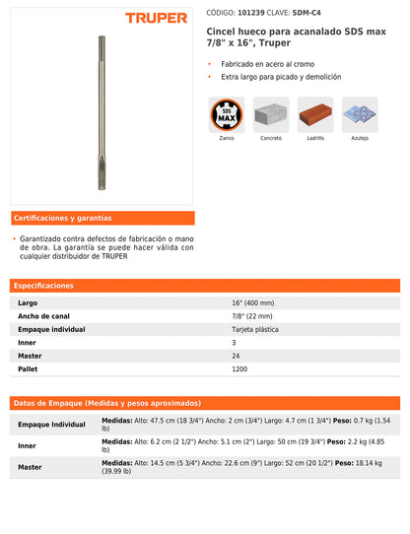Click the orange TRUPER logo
click(156, 18)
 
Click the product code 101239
click(238, 14)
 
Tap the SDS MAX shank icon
click(227, 114)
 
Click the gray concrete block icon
click(271, 114)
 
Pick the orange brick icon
click(315, 114)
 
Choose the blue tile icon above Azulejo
click(360, 114)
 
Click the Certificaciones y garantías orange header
click(63, 218)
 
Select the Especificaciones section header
click(45, 286)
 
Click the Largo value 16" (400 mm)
click(253, 303)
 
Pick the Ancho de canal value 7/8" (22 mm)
click(253, 316)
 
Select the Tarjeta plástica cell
click(255, 329)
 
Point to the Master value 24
click(236, 355)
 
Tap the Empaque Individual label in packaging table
click(51, 424)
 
